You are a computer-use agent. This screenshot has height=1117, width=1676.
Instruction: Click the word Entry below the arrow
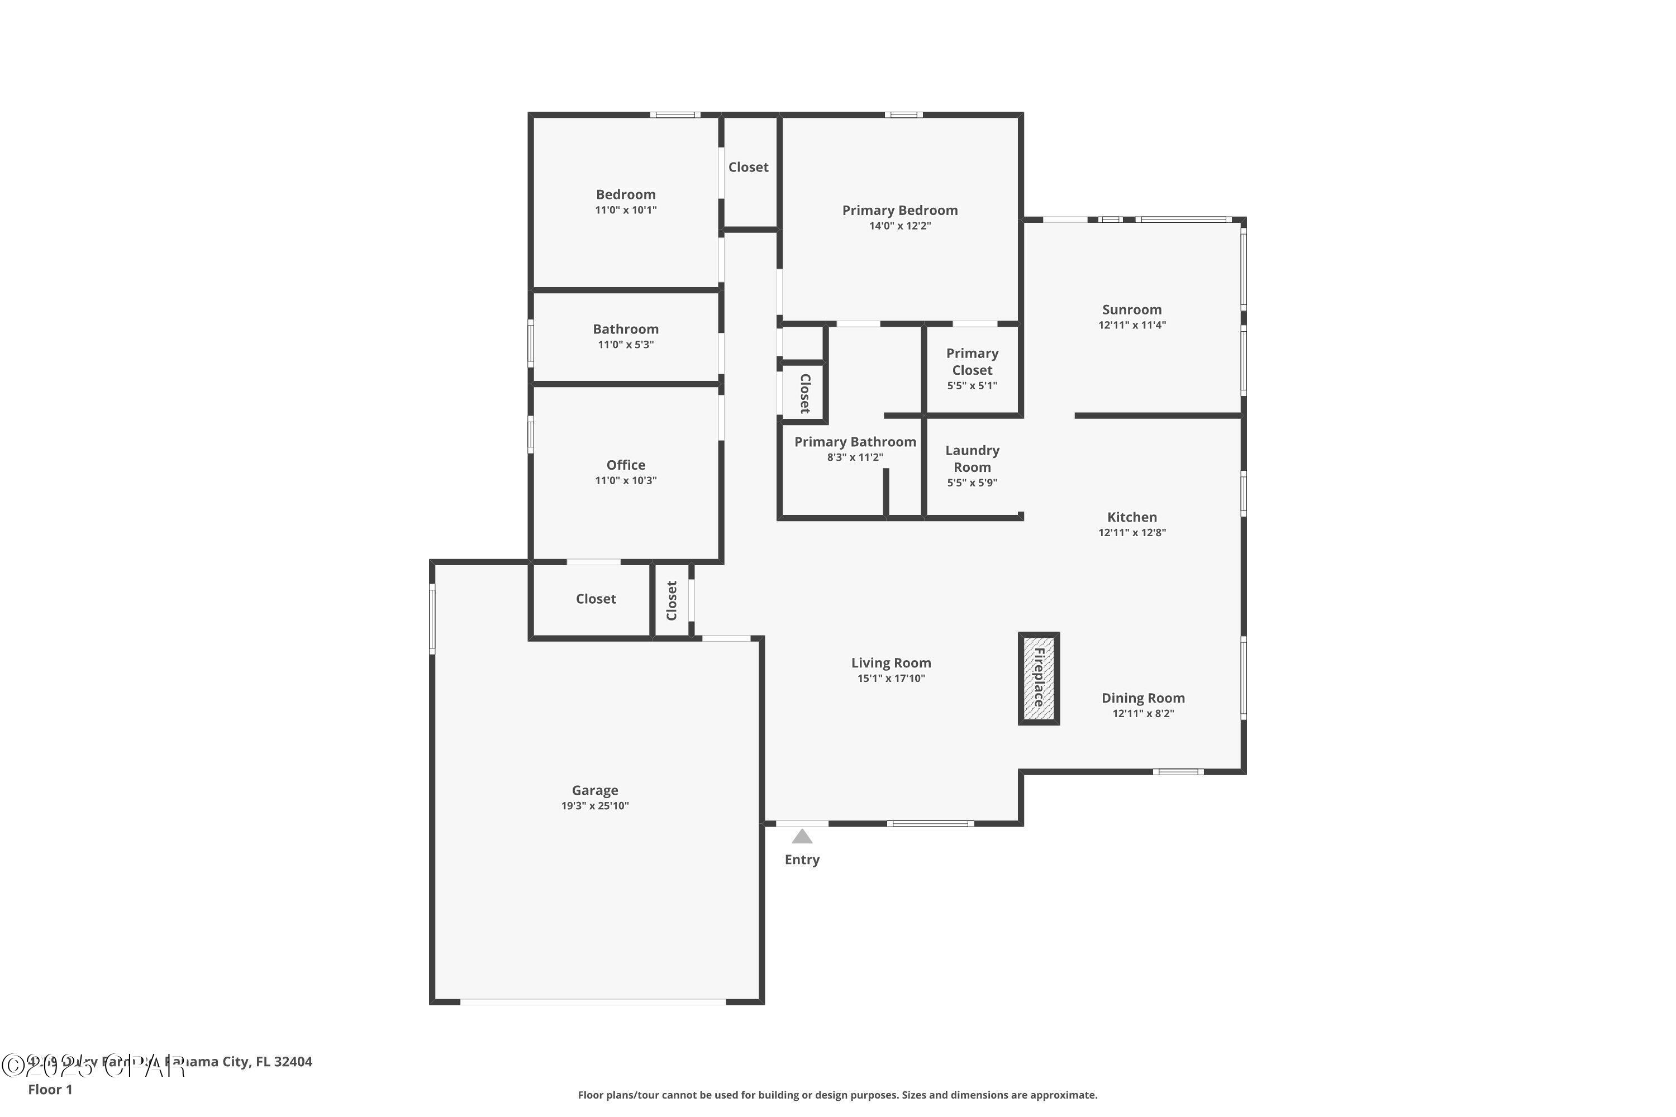pos(802,860)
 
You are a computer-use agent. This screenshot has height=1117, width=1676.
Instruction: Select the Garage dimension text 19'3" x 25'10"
pos(594,806)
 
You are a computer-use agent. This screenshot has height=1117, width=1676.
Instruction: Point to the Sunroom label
pos(1132,309)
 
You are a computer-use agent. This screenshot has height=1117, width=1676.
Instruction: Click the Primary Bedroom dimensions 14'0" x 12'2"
pos(899,226)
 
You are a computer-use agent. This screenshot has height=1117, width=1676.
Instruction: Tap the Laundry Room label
pos(972,459)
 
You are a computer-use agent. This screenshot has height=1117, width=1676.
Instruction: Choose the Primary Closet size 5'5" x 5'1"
pos(972,385)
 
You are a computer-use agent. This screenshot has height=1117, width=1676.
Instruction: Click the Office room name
pos(626,465)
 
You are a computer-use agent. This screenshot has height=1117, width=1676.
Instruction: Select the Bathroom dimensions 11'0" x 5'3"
pos(626,345)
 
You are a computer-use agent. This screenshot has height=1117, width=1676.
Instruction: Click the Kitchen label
pos(1132,517)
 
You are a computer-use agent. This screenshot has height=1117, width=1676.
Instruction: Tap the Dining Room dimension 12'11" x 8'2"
pos(1143,713)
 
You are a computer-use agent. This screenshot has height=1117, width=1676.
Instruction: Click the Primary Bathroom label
pos(855,442)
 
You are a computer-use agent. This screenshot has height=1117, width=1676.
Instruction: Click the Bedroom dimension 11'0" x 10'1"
pos(626,210)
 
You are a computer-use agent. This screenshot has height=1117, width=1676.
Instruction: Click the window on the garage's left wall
pos(432,618)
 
